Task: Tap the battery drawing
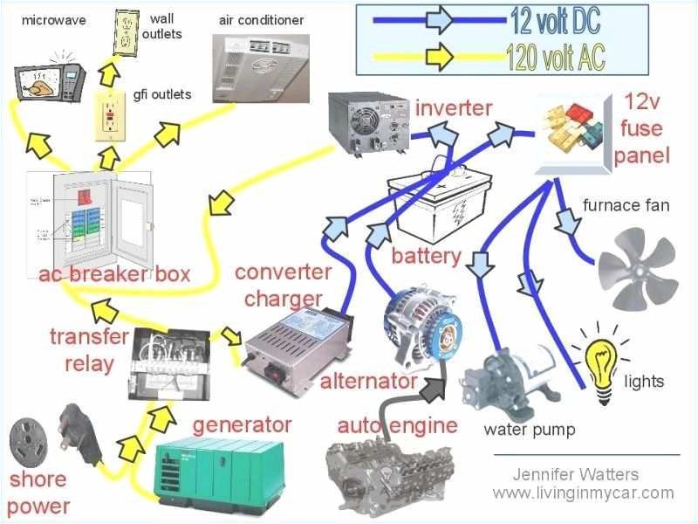435,205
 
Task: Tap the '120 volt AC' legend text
556,57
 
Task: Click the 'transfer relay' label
88,349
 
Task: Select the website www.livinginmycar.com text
583,493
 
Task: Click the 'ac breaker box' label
113,273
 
